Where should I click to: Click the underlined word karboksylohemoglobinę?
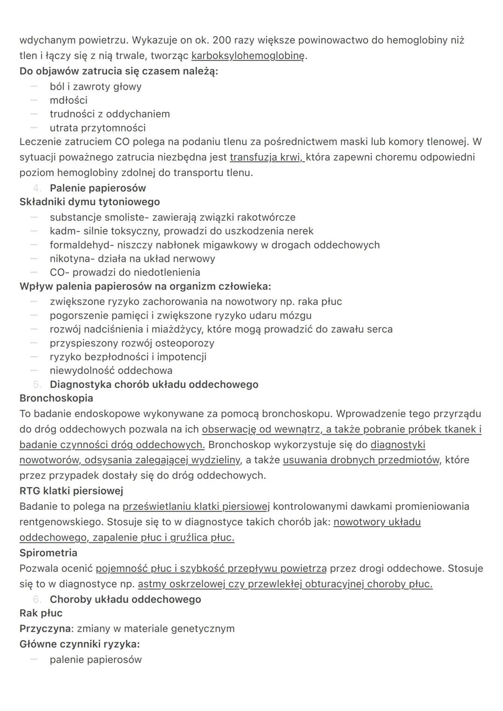pyautogui.click(x=248, y=56)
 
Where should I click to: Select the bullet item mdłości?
pyautogui.click(x=68, y=100)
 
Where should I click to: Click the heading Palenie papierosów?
pyautogui.click(x=98, y=188)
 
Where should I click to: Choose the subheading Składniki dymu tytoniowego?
pyautogui.click(x=89, y=202)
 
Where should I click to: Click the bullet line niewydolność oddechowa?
pyautogui.click(x=111, y=371)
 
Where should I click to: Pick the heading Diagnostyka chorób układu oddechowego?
pyautogui.click(x=154, y=385)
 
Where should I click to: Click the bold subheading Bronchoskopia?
pyautogui.click(x=56, y=398)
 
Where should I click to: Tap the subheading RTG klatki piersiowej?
pyautogui.click(x=71, y=491)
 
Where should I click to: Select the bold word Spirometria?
pyautogui.click(x=48, y=553)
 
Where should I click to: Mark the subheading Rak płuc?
pyautogui.click(x=41, y=613)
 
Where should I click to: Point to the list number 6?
pyautogui.click(x=37, y=599)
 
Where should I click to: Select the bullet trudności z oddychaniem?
pyautogui.click(x=109, y=114)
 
